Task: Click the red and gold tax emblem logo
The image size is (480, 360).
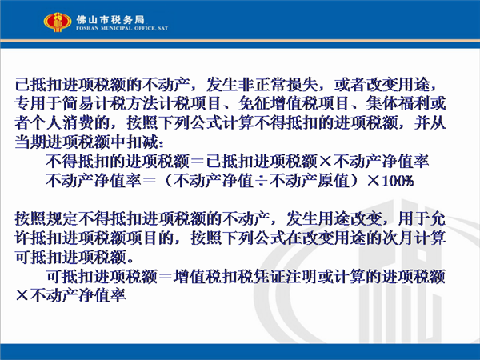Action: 58,22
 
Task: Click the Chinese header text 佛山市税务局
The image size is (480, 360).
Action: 110,20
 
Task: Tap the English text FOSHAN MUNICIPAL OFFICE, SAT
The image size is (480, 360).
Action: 122,28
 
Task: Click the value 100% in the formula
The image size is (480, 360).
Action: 398,181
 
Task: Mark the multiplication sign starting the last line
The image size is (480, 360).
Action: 22,296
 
